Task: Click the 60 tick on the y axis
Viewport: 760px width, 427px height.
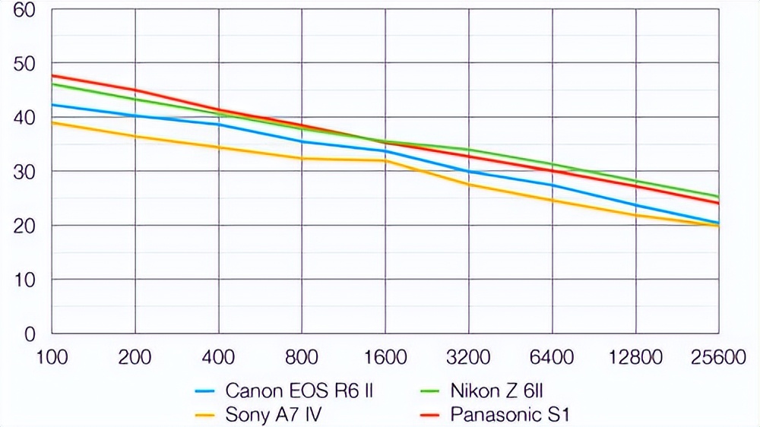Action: (x=24, y=11)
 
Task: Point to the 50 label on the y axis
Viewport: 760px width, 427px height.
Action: (x=24, y=64)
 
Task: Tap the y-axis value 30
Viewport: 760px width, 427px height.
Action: (x=24, y=172)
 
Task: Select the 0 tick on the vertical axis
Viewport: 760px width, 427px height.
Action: (x=30, y=334)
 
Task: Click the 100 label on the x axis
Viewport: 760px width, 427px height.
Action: (x=52, y=356)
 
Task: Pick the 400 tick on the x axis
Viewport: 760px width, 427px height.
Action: (x=219, y=356)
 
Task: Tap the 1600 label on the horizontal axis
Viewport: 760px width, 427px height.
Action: (x=385, y=356)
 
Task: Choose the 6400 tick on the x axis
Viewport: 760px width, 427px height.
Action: (x=552, y=356)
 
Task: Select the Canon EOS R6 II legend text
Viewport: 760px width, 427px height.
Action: (x=299, y=391)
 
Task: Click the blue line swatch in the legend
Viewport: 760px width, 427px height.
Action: (x=206, y=392)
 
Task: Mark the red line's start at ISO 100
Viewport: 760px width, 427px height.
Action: (x=52, y=75)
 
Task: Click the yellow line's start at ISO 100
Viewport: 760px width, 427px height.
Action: (x=52, y=122)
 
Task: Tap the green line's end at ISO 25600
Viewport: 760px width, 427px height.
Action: (x=718, y=197)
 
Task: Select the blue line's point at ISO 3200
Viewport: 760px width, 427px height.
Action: (x=468, y=171)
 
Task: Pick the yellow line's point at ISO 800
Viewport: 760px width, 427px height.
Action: (x=302, y=158)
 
